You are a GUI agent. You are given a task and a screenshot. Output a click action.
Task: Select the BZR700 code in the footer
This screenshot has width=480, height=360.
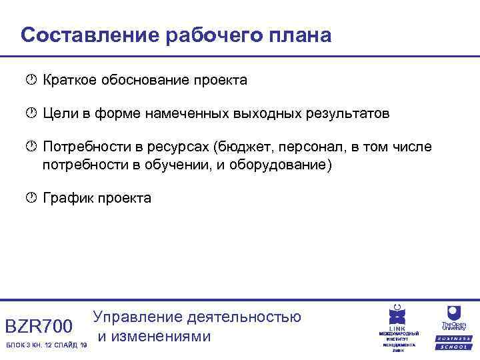click(x=39, y=326)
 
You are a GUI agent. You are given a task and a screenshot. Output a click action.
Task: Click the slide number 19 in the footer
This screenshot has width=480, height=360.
click(x=84, y=345)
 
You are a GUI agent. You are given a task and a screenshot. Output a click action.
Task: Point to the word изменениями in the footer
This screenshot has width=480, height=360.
click(x=155, y=336)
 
